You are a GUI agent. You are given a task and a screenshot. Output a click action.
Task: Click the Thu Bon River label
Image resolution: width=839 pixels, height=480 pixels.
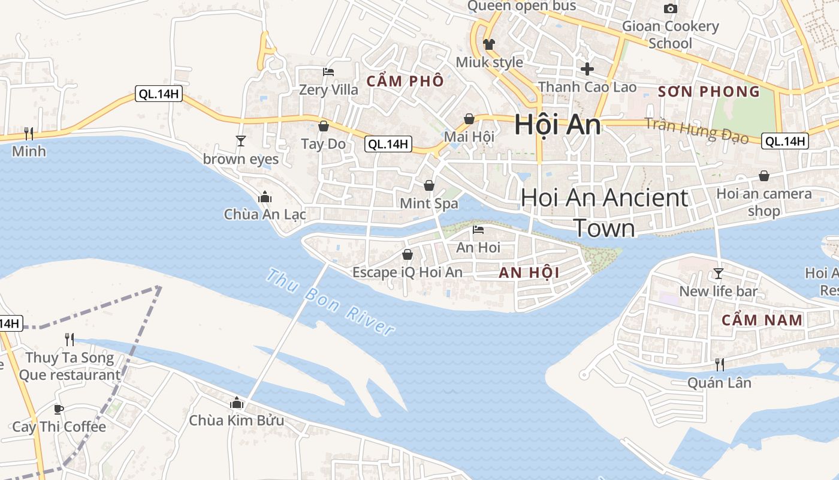330,303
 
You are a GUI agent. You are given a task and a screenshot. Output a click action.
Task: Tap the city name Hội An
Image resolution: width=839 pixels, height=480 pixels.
557,125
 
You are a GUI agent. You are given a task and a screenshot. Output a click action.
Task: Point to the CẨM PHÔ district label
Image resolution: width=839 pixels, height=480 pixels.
405,81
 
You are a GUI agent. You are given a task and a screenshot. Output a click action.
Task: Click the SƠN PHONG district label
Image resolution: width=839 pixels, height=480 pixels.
709,92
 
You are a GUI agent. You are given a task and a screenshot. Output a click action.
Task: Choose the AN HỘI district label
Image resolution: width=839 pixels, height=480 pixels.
529,273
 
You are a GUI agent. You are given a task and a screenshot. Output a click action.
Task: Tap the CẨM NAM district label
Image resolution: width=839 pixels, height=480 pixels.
762,320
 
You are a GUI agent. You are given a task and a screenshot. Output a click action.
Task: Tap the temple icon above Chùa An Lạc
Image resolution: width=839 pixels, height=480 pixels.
264,197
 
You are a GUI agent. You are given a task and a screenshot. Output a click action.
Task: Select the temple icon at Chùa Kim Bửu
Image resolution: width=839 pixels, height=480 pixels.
236,403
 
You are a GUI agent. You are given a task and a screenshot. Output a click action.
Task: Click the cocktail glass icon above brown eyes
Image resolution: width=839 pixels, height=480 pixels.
241,141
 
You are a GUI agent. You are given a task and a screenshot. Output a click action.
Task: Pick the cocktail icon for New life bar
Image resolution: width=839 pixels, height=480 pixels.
719,274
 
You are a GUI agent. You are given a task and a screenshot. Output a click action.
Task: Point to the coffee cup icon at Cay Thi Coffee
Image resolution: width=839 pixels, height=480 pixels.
58,409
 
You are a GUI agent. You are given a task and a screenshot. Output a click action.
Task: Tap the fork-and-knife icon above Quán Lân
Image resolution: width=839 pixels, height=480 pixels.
719,364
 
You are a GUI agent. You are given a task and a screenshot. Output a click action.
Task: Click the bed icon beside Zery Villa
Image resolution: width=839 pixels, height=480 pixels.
328,72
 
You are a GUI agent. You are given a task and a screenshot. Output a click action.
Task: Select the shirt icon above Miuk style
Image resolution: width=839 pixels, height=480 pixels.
489,44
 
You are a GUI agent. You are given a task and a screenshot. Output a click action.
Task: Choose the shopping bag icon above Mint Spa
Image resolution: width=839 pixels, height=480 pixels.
429,185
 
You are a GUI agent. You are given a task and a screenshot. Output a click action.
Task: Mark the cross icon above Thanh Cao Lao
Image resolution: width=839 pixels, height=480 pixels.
587,68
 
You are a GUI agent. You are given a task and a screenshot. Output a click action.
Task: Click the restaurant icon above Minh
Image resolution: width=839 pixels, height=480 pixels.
28,133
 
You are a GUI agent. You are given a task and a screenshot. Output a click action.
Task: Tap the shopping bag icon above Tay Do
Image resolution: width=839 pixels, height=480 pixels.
324,126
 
